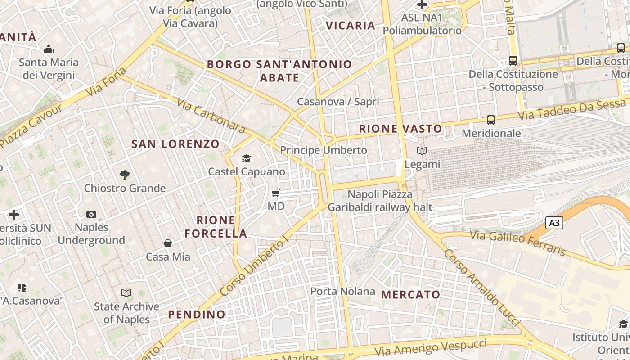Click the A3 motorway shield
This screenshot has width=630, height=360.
tap(555, 222)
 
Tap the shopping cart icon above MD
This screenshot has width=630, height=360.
tap(276, 193)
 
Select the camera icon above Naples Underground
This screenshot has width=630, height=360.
tap(91, 214)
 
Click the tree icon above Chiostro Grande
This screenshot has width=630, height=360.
tap(125, 175)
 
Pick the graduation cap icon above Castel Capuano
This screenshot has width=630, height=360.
tap(246, 158)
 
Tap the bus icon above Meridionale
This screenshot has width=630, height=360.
tap(491, 120)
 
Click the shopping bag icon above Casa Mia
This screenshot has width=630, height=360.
tap(168, 243)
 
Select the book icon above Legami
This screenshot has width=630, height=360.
tap(422, 151)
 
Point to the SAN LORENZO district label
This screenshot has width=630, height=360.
tap(175, 144)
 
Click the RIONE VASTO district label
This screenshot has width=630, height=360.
tap(400, 129)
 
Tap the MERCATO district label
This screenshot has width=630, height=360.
tap(411, 295)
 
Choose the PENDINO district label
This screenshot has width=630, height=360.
tap(197, 314)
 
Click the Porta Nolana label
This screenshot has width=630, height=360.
tap(343, 291)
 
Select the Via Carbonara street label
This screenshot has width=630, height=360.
tap(211, 116)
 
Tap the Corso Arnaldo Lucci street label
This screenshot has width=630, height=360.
tap(481, 288)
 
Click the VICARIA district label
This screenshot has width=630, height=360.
tap(351, 25)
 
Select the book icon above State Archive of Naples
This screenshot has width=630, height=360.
tap(126, 293)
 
